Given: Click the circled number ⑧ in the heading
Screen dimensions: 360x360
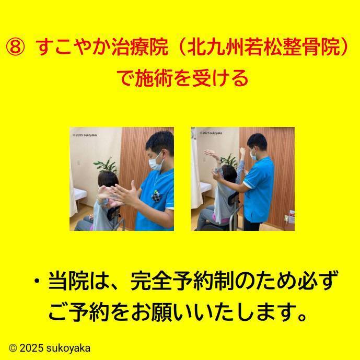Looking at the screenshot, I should (15, 49).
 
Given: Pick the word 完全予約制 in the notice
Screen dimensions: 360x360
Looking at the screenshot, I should (182, 283).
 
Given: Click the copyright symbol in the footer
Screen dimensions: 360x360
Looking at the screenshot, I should (13, 348).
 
